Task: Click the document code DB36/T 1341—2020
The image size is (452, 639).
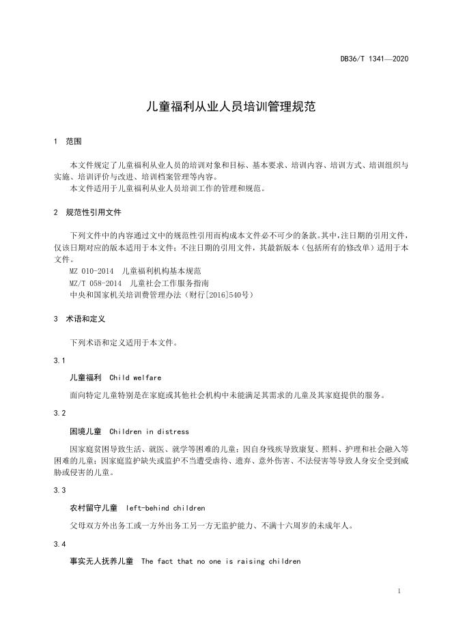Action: (375, 59)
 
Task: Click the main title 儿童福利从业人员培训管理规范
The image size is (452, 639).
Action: (226, 106)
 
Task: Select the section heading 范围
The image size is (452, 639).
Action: (73, 141)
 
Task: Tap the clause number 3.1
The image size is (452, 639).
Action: (59, 359)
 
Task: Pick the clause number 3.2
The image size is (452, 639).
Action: (59, 414)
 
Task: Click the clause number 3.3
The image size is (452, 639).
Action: (59, 490)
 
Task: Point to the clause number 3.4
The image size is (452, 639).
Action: (59, 544)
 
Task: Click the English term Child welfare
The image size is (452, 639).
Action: (135, 377)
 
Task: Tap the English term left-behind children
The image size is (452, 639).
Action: (166, 508)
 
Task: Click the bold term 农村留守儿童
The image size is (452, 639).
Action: (94, 508)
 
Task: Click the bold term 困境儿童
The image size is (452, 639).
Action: (85, 431)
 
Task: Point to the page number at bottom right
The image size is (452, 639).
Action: (399, 591)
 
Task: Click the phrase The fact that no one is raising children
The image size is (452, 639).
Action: (221, 562)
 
